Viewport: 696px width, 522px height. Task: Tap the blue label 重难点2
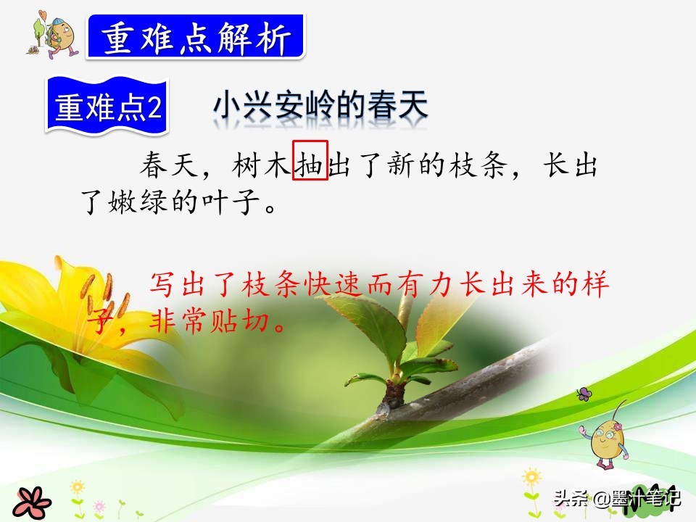[107, 108]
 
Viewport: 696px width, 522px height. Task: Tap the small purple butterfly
[584, 395]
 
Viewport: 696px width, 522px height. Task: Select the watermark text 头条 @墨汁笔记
[616, 499]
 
